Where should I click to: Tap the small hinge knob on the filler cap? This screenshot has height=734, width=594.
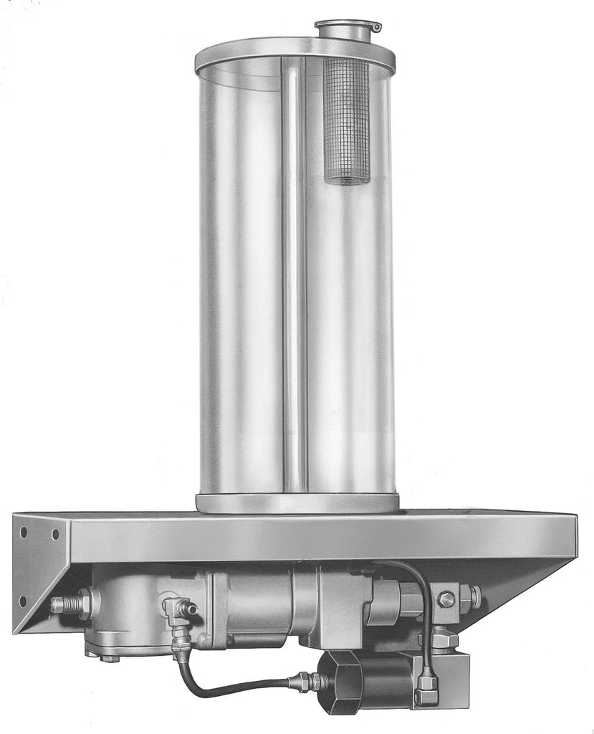click(x=375, y=28)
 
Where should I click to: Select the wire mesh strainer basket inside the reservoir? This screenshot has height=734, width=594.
click(x=346, y=122)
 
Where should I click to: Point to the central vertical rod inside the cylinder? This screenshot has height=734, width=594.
click(x=294, y=272)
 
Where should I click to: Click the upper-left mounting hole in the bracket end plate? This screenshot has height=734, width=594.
click(x=24, y=533)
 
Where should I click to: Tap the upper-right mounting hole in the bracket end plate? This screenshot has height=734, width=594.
click(x=55, y=535)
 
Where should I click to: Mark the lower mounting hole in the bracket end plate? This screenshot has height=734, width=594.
click(x=22, y=601)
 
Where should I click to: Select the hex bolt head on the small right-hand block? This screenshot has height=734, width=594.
click(x=446, y=599)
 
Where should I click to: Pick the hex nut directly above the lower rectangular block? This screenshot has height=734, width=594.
click(x=443, y=638)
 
